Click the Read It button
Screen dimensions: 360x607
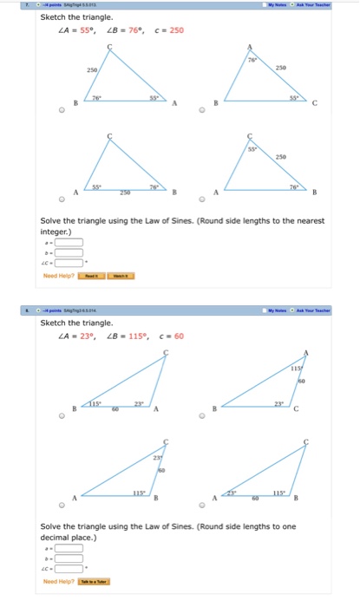coord(91,276)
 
